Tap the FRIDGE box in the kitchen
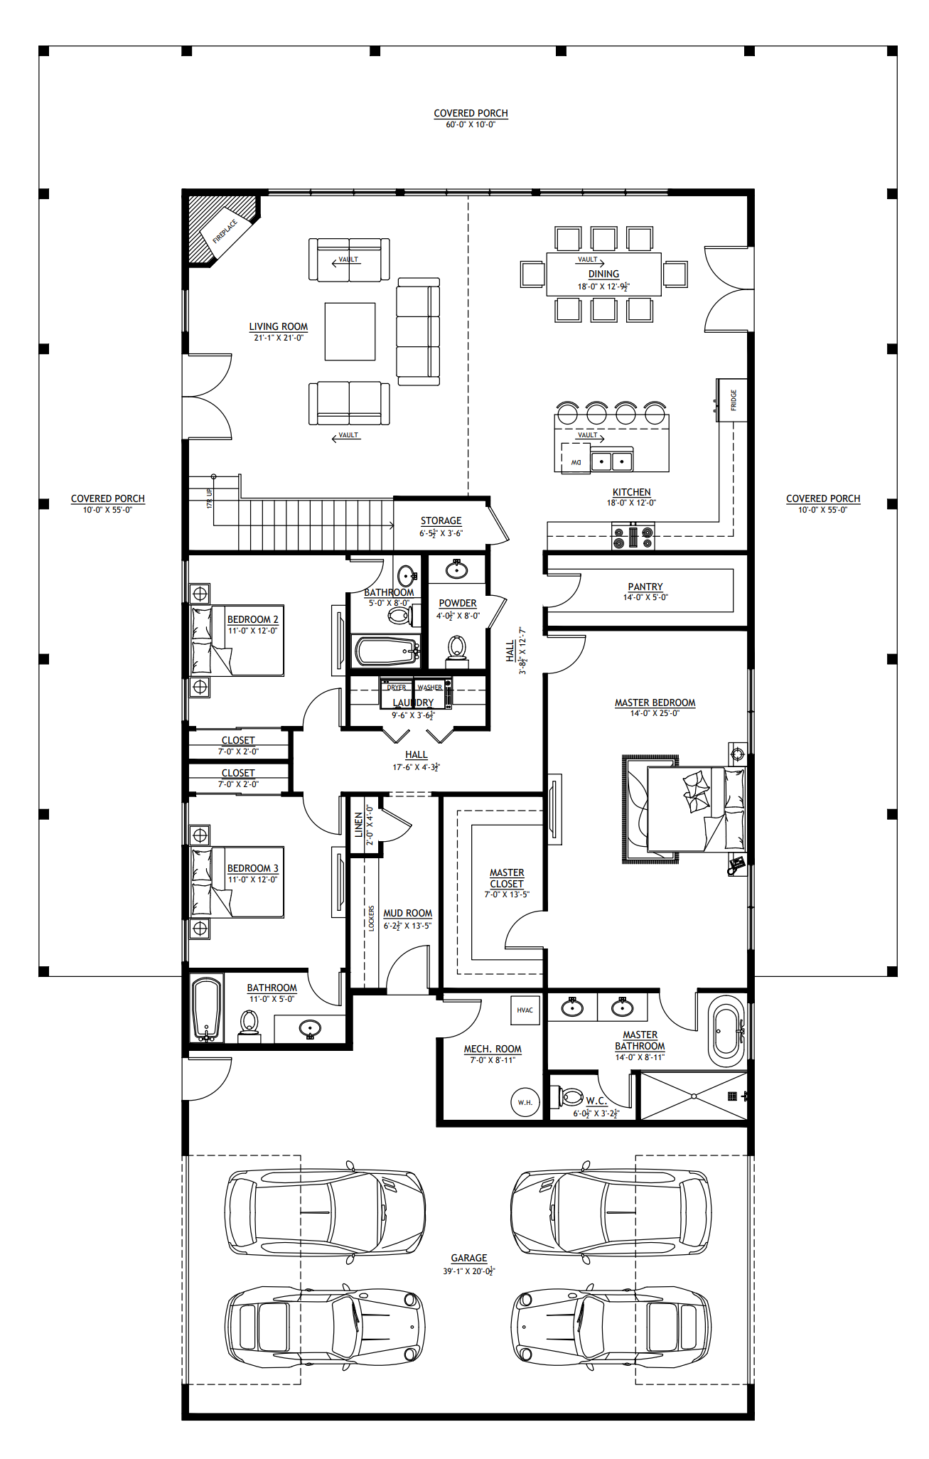pos(732,400)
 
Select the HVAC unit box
pos(525,1010)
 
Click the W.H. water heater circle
pos(525,1102)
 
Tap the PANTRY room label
pos(645,587)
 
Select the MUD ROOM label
pos(407,913)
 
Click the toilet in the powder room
pos(457,648)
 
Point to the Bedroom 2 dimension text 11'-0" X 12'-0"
pos(252,631)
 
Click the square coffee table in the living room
pos(350,331)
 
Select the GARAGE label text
pos(468,1258)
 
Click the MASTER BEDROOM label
pos(655,702)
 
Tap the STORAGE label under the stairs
pos(441,520)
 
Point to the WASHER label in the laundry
pos(429,688)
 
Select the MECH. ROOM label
pos(493,1049)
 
